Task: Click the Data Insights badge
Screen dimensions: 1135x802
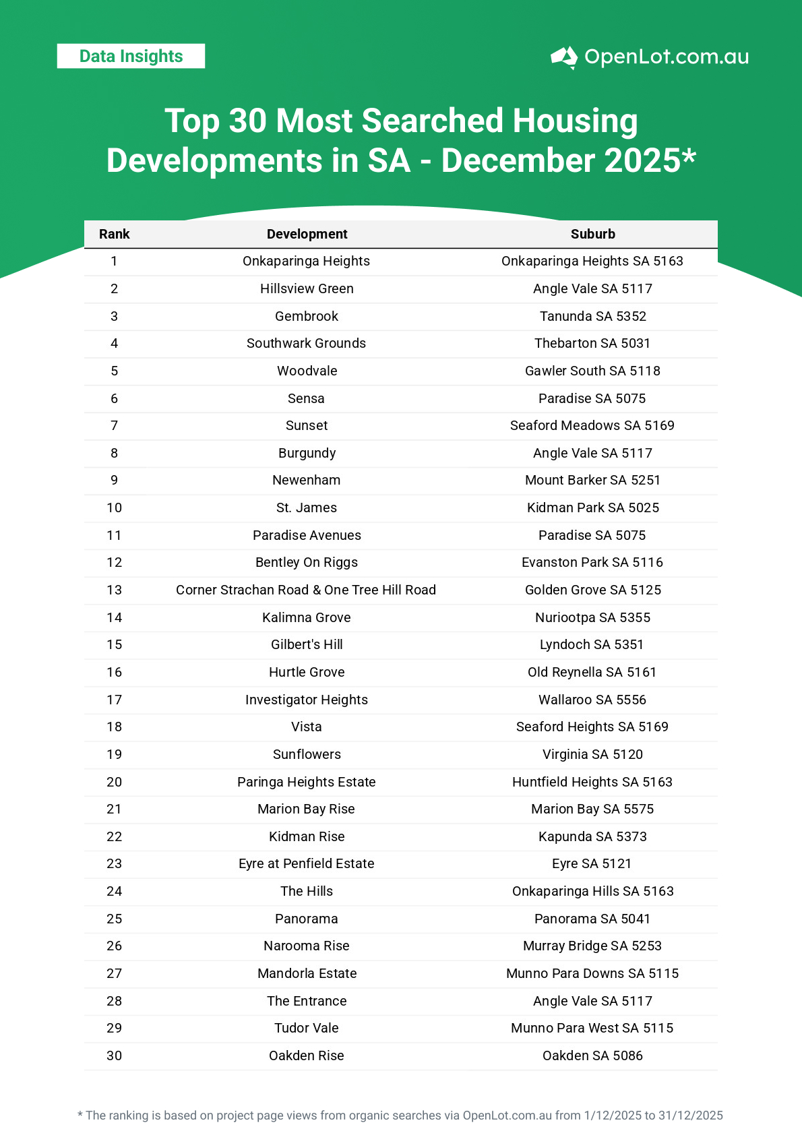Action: coord(131,56)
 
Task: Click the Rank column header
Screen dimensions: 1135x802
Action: coord(114,234)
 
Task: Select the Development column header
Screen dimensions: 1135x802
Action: coord(307,234)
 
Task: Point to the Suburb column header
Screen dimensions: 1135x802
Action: coord(592,234)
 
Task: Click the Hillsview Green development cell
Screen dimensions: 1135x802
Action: coord(307,288)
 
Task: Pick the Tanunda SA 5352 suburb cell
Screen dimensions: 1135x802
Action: coord(592,316)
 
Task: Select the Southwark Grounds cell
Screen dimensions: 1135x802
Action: coord(306,343)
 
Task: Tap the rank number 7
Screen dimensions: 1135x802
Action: coord(114,425)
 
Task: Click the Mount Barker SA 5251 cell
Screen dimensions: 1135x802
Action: coord(592,480)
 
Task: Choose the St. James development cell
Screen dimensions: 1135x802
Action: coord(307,508)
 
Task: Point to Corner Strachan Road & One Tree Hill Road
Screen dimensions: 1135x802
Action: coord(306,590)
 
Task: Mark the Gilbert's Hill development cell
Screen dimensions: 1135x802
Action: coord(307,644)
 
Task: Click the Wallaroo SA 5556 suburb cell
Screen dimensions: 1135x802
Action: coord(592,700)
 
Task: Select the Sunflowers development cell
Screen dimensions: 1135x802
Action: coord(307,754)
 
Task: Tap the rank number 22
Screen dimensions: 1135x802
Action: coord(114,836)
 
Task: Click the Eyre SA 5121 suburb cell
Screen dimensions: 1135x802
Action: coord(592,863)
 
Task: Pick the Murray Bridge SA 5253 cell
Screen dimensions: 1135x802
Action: coord(592,946)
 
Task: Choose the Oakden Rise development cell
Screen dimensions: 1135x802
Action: coord(306,1055)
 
